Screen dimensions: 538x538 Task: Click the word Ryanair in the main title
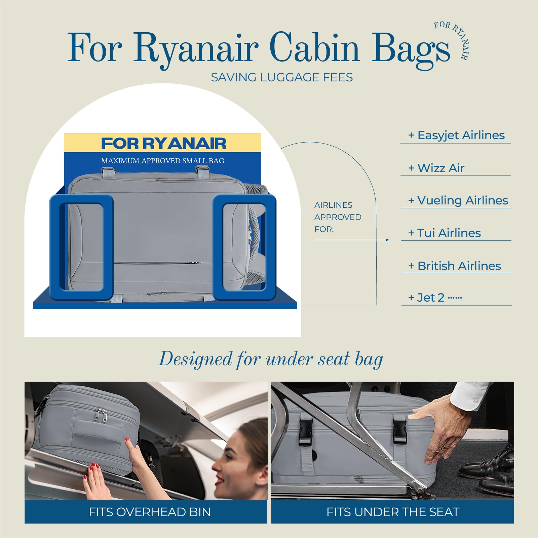coord(196,48)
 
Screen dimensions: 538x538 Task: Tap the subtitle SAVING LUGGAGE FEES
coord(282,77)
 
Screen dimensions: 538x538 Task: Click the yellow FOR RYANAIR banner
coord(162,143)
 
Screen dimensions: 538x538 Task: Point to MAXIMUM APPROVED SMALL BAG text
coord(163,161)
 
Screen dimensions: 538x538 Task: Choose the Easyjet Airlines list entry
coord(456,135)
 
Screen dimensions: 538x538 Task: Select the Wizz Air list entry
coord(436,168)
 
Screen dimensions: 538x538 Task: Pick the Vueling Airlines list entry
coord(458,200)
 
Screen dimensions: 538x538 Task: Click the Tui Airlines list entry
coord(444,233)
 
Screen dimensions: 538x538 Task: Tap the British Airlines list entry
coord(454,266)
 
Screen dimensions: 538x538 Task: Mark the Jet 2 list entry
coord(435,298)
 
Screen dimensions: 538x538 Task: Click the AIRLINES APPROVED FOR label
coord(338,217)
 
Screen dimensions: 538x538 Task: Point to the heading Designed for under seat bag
coord(271,359)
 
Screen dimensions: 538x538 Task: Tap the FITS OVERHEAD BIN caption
coord(150,512)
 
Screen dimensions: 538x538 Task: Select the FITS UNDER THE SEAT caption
coord(393,512)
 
